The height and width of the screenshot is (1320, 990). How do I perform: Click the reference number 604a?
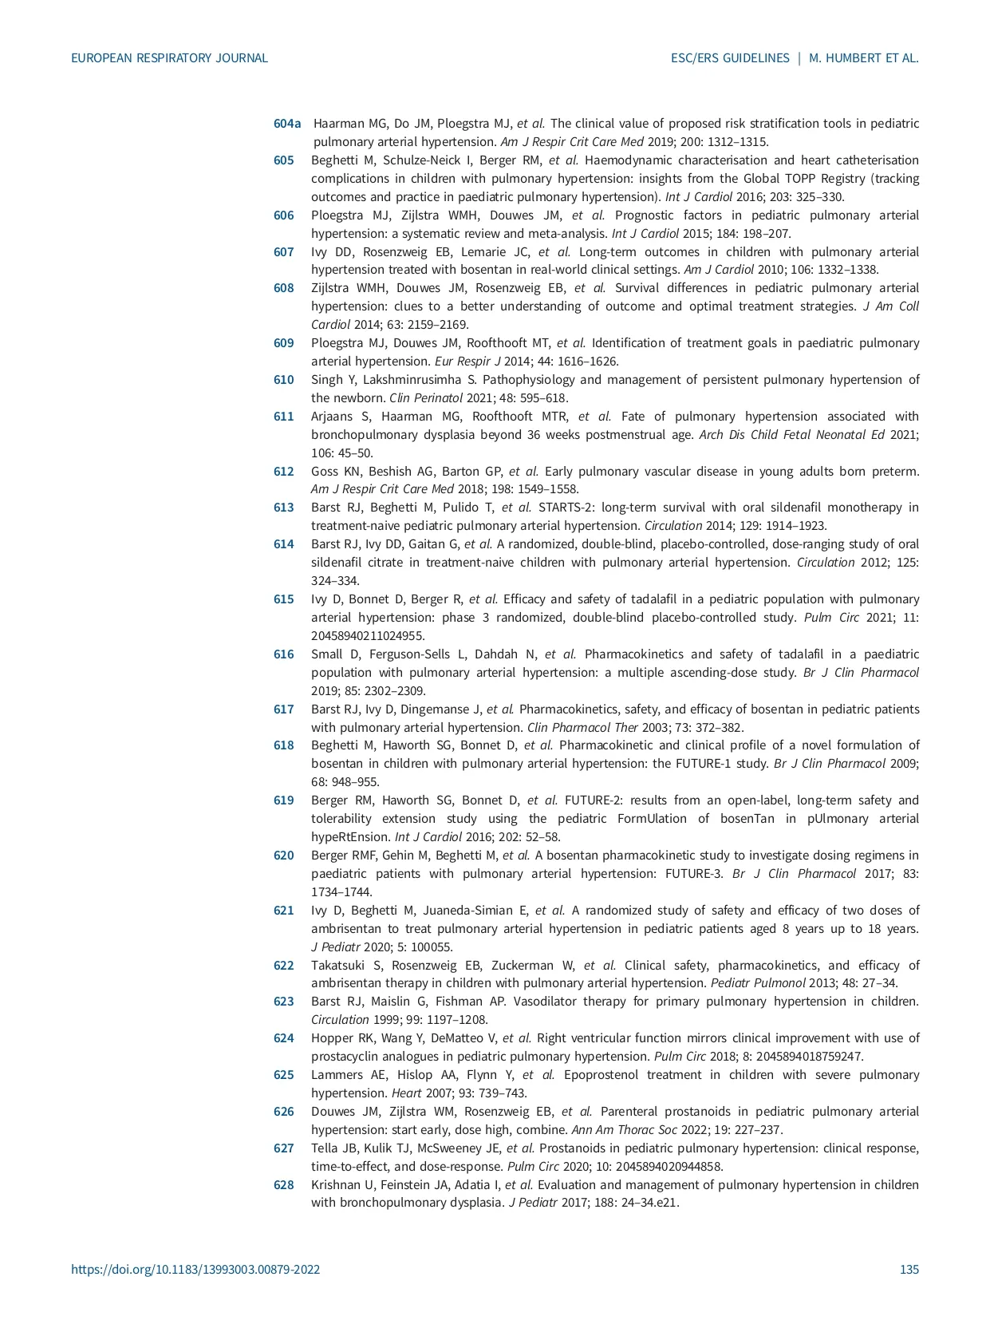pyautogui.click(x=287, y=124)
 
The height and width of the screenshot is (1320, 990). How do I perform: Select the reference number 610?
pyautogui.click(x=284, y=380)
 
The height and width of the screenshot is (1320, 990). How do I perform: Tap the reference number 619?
pyautogui.click(x=284, y=800)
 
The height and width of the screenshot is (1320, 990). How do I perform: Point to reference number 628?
pyautogui.click(x=284, y=1185)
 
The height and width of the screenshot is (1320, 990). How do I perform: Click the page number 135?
pyautogui.click(x=909, y=1270)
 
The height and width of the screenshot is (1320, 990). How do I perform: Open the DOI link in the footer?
pyautogui.click(x=195, y=1270)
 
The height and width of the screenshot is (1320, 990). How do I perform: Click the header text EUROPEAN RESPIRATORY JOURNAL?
pyautogui.click(x=169, y=58)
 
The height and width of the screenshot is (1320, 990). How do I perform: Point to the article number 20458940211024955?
pyautogui.click(x=368, y=636)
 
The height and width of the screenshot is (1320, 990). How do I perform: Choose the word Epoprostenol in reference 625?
pyautogui.click(x=601, y=1075)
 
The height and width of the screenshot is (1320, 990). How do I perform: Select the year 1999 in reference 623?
pyautogui.click(x=385, y=1020)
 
